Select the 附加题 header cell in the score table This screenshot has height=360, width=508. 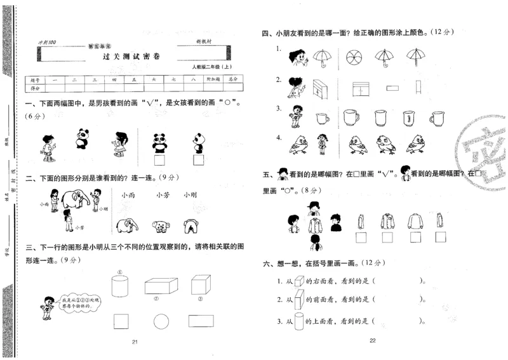click(213, 80)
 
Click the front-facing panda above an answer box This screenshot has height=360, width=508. click(158, 138)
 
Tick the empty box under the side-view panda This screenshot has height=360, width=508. click(199, 162)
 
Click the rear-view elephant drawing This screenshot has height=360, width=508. click(189, 226)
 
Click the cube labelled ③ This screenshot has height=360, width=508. click(201, 284)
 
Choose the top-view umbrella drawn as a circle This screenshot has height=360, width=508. click(352, 58)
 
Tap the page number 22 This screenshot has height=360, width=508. click(373, 342)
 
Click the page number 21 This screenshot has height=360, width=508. click(135, 342)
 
